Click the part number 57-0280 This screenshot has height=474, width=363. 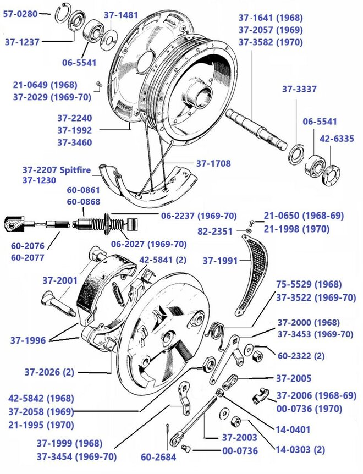[x=20, y=13]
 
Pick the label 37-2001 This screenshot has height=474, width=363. [x=61, y=280]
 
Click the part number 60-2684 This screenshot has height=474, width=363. [x=157, y=456]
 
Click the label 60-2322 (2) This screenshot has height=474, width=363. [x=301, y=356]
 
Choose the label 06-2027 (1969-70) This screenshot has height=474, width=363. [x=148, y=244]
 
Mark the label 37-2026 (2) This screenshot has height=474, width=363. [x=48, y=372]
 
